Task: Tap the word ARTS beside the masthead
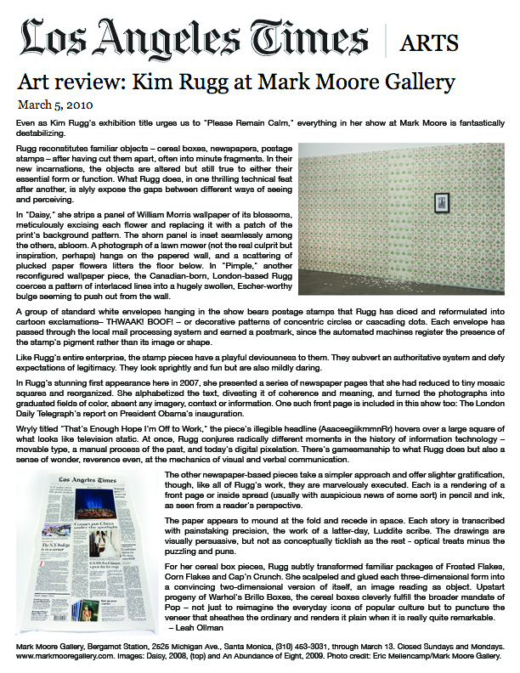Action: (x=432, y=42)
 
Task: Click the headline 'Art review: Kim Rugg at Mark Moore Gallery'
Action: (x=236, y=84)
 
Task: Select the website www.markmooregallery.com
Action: (x=59, y=656)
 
